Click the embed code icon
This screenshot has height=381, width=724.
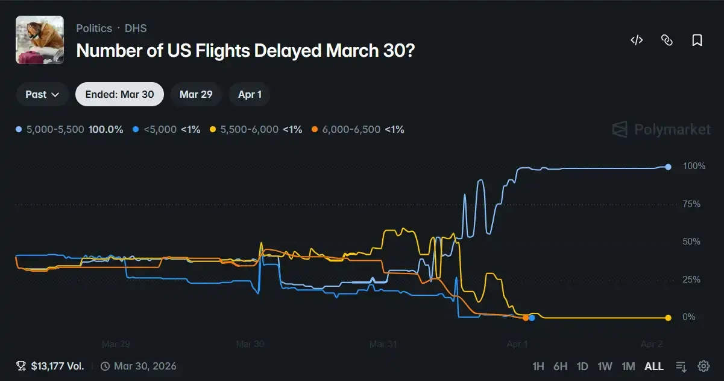637,40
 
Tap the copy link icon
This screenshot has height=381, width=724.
667,40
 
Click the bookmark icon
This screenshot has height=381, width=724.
697,40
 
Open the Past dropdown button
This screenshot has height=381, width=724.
42,94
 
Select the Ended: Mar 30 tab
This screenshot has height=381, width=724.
119,94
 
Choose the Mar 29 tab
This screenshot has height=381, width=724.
196,94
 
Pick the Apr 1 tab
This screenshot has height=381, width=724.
250,94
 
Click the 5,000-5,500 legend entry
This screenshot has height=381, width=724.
69,129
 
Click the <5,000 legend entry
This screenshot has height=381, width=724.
166,129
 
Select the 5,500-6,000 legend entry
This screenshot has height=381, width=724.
256,129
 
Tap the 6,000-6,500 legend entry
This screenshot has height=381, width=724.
357,129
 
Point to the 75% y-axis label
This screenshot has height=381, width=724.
691,204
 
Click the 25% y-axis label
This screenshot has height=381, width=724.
691,280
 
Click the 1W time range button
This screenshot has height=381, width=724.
605,367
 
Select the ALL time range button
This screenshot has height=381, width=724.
654,367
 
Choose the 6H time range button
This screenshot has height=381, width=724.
561,367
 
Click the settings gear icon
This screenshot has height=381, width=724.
704,367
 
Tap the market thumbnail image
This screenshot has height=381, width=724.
40,40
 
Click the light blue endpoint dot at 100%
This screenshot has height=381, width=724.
668,167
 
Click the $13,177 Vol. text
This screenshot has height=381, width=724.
51,366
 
